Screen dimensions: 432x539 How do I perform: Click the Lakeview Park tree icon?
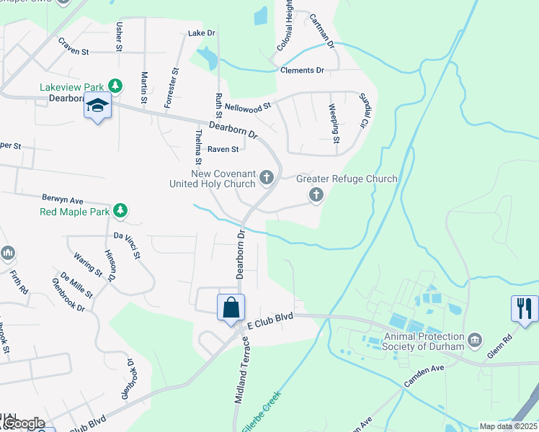click(115, 86)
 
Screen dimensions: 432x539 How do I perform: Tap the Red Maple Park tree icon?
click(122, 211)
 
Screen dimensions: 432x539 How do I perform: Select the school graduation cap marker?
click(97, 107)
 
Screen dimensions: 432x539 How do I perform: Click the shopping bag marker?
click(231, 308)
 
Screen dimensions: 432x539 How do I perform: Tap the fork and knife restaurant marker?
click(525, 309)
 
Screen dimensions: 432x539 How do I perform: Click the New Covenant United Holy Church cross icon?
click(267, 177)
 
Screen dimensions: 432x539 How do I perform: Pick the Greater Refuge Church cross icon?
click(316, 194)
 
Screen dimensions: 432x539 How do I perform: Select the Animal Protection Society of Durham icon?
click(474, 339)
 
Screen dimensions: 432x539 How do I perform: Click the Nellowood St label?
click(247, 106)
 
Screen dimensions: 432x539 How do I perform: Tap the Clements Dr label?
click(302, 71)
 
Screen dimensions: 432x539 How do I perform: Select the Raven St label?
click(223, 150)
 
